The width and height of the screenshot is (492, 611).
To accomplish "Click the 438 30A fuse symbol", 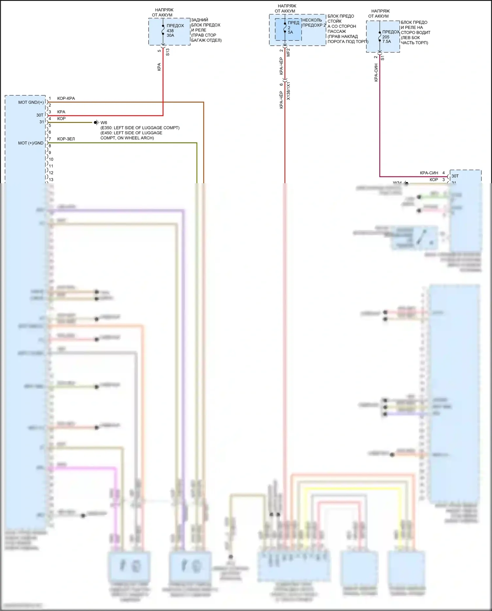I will [163, 31].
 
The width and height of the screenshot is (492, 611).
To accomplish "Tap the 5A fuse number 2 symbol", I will [285, 28].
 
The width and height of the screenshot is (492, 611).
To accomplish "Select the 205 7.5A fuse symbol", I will [380, 36].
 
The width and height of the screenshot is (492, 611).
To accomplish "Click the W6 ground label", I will [104, 123].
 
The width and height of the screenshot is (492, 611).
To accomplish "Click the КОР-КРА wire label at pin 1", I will [66, 98].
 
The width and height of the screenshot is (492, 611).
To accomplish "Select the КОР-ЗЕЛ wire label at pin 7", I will [66, 139].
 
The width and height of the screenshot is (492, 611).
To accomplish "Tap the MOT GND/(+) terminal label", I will [31, 102].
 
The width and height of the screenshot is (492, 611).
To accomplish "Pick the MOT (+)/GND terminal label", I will [31, 143].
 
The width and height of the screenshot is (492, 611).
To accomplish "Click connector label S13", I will [168, 52].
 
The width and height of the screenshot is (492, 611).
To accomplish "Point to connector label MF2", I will [288, 52].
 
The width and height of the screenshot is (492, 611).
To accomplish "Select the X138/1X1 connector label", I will [288, 91].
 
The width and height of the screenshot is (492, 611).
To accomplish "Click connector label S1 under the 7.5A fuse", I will [382, 58].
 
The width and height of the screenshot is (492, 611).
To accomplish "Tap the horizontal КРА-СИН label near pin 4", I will [429, 173].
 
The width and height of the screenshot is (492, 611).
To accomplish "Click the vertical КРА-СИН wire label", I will [376, 73].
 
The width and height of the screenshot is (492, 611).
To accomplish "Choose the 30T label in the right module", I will [455, 176].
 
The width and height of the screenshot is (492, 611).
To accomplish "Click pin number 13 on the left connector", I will [51, 180].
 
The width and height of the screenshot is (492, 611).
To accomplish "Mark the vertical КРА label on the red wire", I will [159, 67].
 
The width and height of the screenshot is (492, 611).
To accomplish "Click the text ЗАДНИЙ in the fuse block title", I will [199, 20].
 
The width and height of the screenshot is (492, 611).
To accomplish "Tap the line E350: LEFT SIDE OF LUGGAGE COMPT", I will [140, 128].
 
